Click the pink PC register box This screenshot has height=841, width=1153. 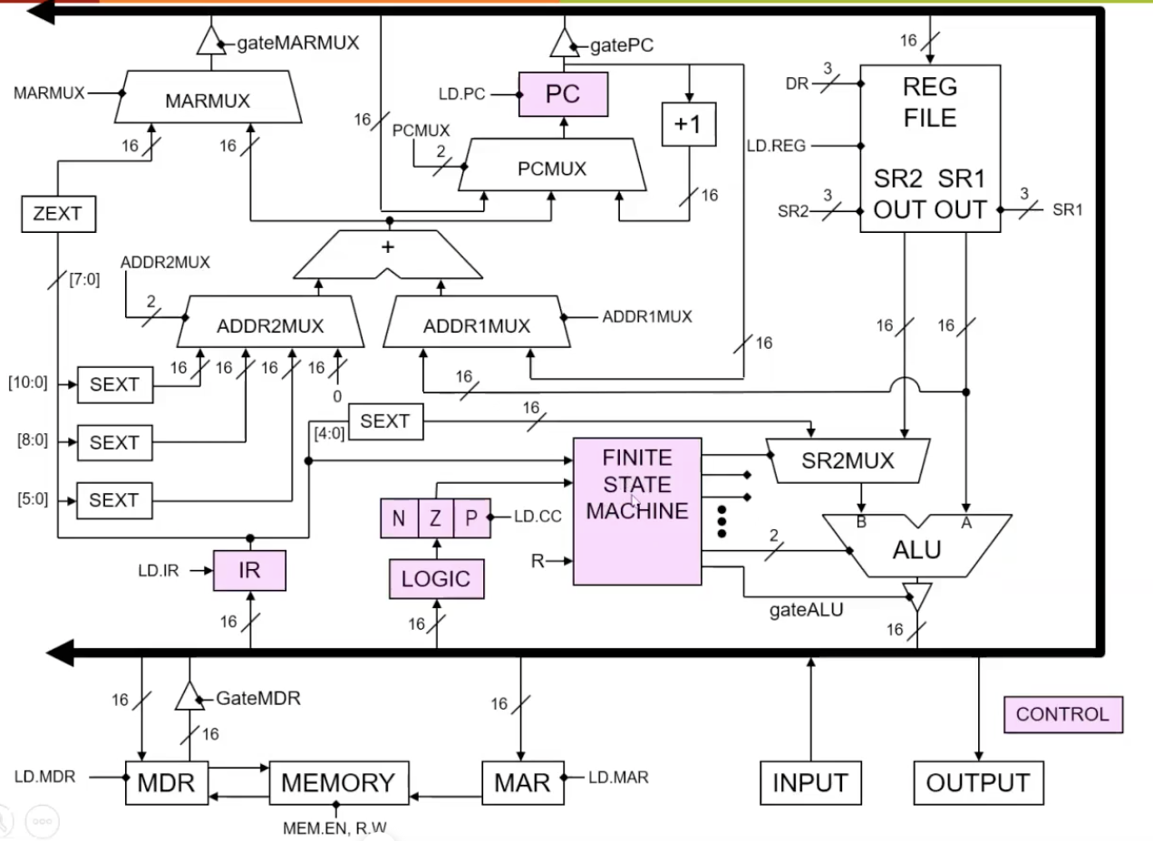pos(562,94)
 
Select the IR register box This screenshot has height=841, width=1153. pos(249,571)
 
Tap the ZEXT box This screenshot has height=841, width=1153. pos(58,215)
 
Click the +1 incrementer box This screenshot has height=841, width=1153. pos(688,125)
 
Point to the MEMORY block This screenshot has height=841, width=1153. pos(338,783)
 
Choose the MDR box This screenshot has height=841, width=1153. pos(166,783)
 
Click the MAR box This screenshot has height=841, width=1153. pos(521,783)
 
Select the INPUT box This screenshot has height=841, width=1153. pos(809,783)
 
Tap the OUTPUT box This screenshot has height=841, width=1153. pos(978,783)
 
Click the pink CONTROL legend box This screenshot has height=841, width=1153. pos(1062,714)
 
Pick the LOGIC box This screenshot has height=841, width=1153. pos(436,579)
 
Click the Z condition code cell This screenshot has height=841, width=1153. pos(435,519)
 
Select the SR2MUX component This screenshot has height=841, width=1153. pos(847,461)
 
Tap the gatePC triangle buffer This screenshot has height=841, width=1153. pos(563,41)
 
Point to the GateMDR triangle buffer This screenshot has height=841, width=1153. pos(189,697)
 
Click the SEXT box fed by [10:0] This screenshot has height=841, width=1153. pos(114,385)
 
